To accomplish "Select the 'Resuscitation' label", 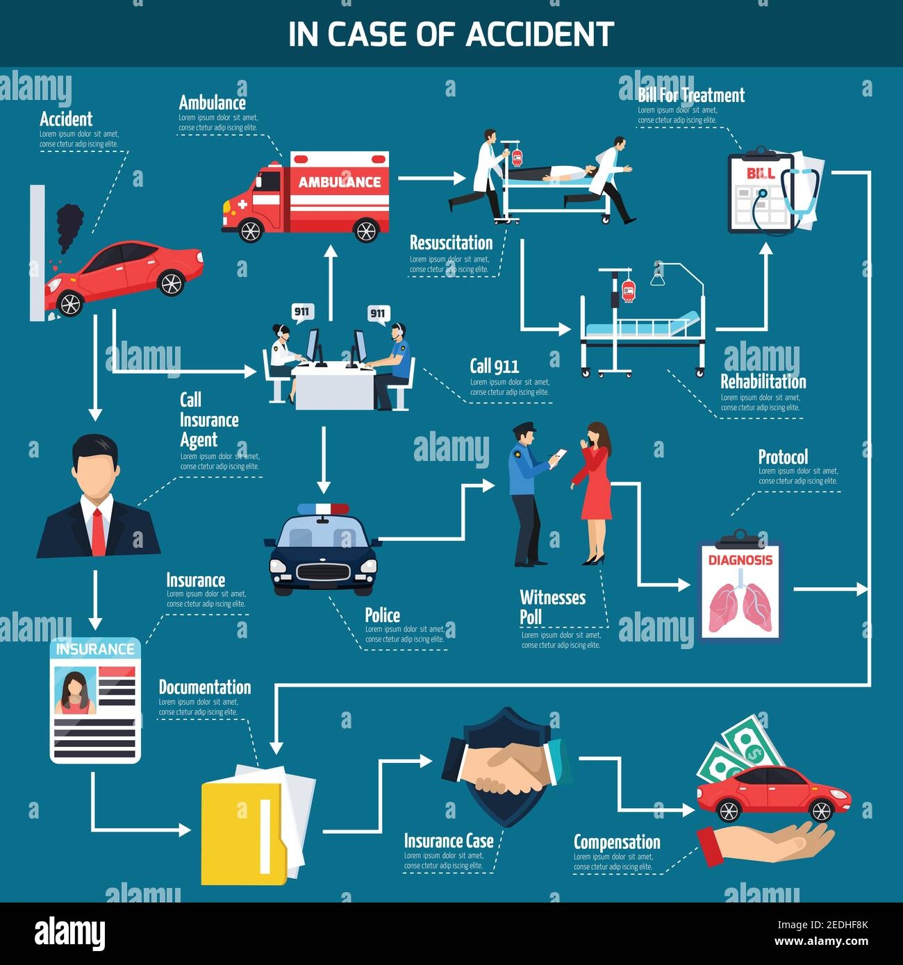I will (451, 243).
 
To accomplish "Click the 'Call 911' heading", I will (494, 366).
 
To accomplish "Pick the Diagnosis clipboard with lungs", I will (740, 590).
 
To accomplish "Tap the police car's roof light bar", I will (323, 510).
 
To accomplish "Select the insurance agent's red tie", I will (98, 531).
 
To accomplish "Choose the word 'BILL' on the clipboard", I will (760, 173).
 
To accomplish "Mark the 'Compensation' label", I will (617, 842).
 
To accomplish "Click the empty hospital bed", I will (642, 326).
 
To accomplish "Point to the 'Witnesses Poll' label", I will (552, 607).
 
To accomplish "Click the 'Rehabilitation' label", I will (763, 382).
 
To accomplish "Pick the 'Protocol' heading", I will (783, 457).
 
